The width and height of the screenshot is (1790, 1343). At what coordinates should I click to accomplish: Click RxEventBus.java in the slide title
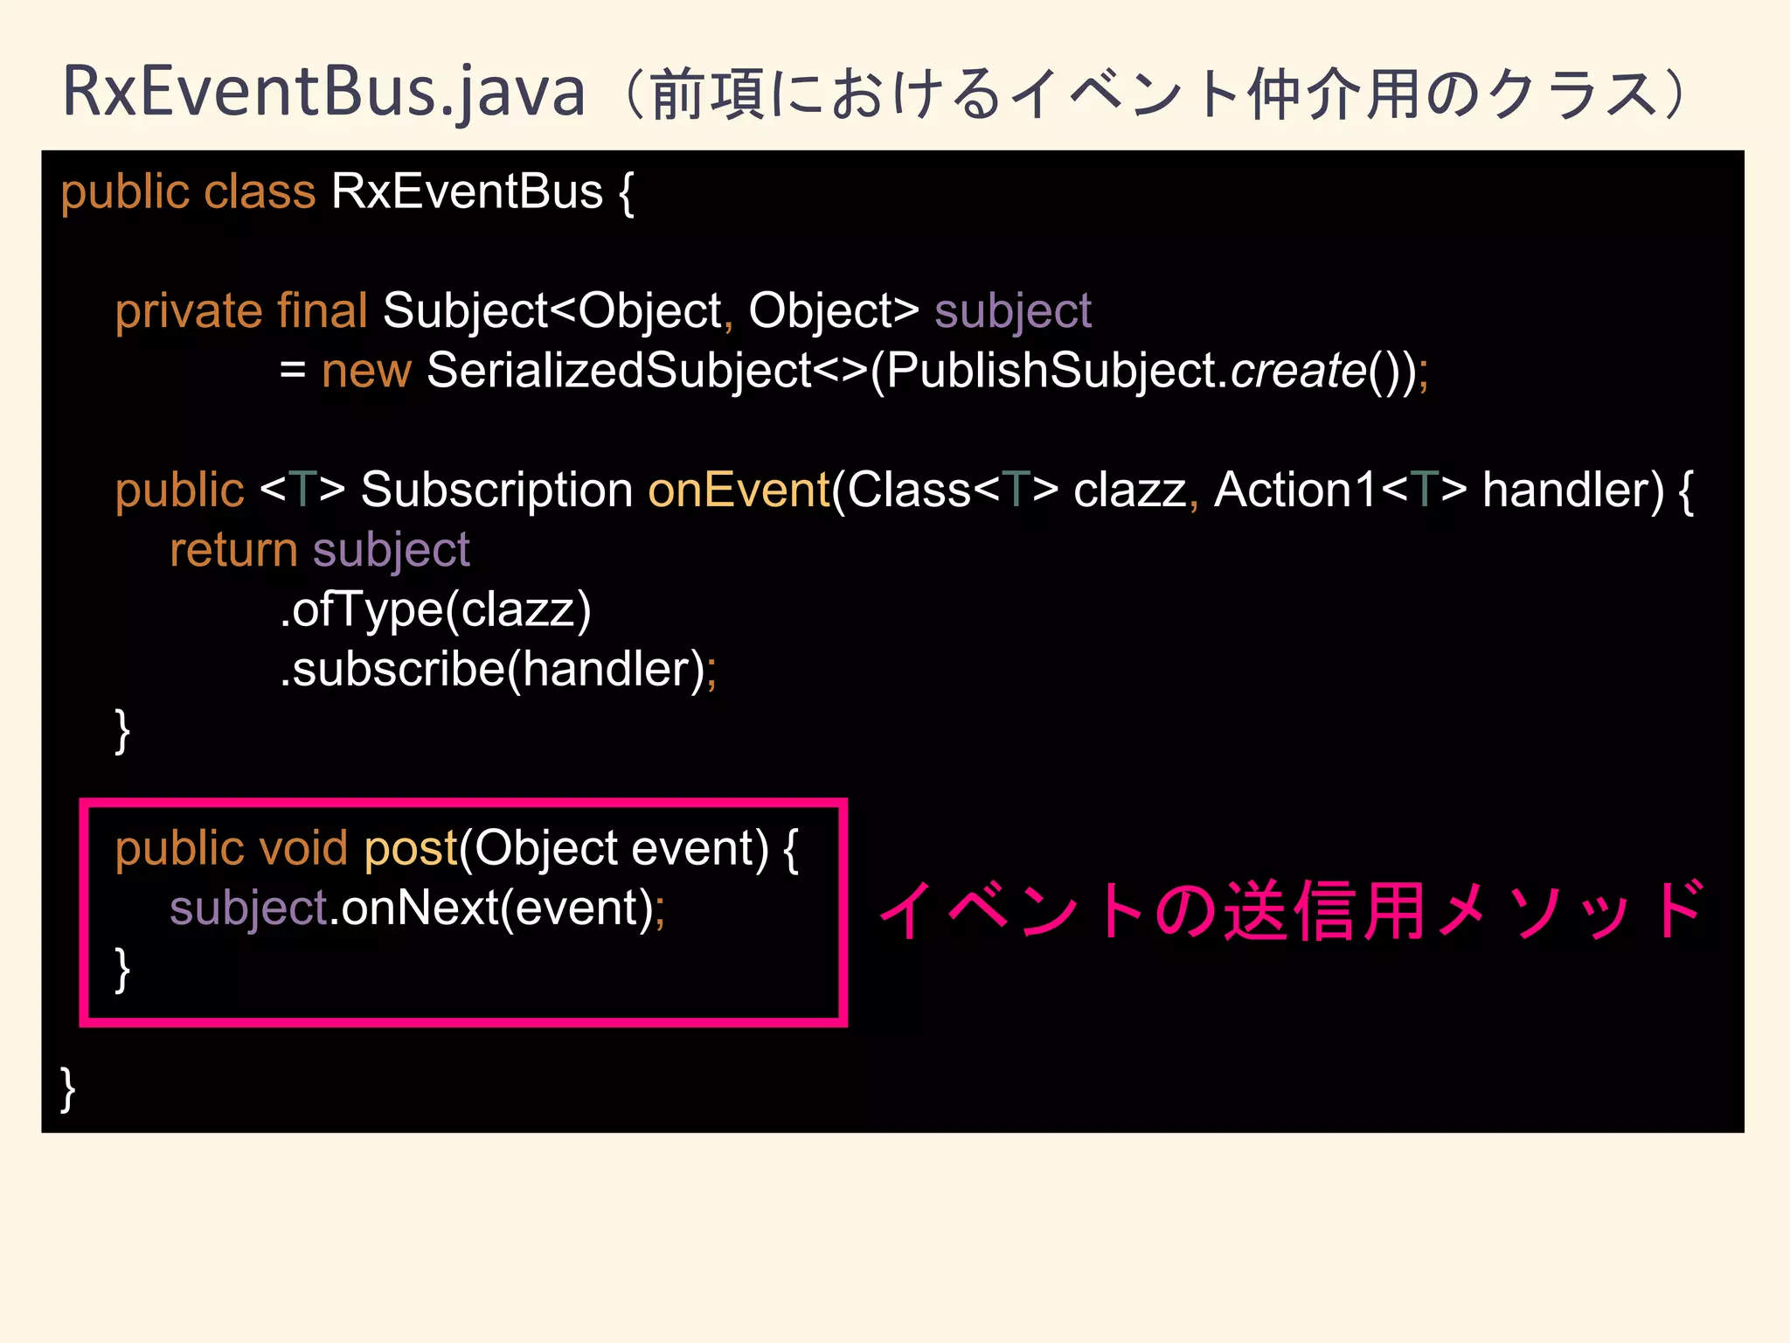point(323,92)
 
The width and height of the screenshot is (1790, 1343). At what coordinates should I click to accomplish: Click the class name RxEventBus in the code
point(467,191)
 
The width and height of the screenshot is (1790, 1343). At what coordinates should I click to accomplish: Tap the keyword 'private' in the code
point(188,311)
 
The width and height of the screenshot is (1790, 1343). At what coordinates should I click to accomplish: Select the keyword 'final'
point(322,311)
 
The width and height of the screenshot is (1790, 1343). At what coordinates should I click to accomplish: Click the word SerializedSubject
point(620,371)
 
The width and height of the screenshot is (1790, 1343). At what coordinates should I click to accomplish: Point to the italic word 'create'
point(1298,371)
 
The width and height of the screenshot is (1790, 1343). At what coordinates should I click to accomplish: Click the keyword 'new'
point(365,371)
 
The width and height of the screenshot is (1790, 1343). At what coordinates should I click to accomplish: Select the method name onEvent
point(738,490)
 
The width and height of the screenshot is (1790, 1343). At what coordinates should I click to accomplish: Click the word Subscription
point(496,490)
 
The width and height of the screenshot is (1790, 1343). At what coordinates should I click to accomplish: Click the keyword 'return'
point(233,550)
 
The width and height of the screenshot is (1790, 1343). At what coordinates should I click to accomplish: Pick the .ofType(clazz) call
point(435,609)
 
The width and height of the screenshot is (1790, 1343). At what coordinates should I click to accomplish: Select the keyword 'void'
point(303,848)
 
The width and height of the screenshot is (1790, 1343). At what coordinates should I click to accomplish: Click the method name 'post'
point(411,848)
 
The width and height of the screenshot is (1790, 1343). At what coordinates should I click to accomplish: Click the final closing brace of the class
point(67,1089)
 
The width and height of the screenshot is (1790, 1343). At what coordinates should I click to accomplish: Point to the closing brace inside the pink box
point(122,970)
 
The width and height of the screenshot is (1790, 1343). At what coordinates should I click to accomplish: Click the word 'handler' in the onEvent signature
point(1572,490)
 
